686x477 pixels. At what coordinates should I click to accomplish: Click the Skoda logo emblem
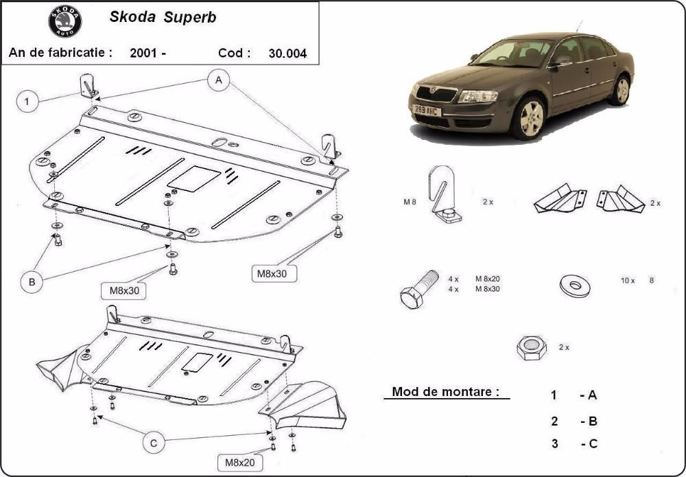point(65,21)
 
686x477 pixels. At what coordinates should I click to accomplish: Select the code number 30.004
point(288,54)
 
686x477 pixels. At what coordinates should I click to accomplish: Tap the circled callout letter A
point(219,80)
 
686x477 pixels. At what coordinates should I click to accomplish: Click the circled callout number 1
point(27,102)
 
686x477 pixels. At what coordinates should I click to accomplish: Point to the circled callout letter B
point(32,282)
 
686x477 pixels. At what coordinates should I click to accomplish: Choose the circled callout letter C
point(154,443)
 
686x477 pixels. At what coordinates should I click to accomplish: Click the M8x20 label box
point(240,462)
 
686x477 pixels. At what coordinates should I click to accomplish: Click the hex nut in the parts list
point(532,348)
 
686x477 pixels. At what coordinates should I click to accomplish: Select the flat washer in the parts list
point(575,286)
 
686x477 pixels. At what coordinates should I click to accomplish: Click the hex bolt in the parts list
point(418,289)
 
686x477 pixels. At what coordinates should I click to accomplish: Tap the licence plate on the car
point(427,110)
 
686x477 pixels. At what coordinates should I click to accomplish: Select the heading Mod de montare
point(445,391)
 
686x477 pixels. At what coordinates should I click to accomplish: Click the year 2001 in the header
point(143,54)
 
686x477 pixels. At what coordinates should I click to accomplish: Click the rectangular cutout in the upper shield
point(194,178)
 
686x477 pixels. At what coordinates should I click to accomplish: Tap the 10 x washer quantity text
point(628,281)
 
